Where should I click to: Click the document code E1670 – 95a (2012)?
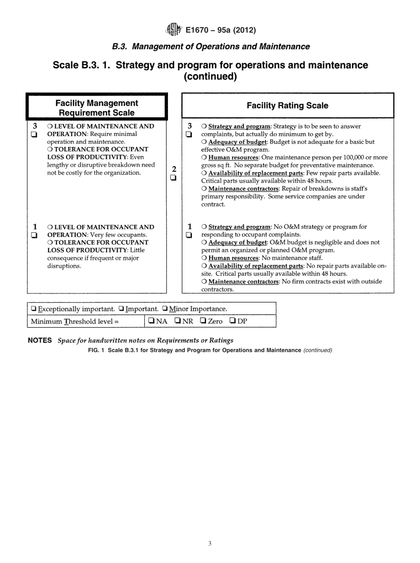pos(220,30)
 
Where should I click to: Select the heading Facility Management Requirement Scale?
pos(96,108)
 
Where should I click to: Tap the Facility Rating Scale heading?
pos(287,105)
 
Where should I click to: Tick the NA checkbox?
pos(151,321)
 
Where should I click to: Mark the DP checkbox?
pos(232,321)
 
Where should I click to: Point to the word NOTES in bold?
pos(41,340)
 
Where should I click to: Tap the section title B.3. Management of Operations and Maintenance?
pos(210,46)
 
